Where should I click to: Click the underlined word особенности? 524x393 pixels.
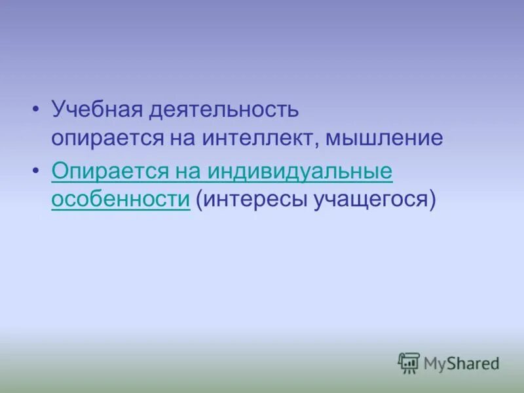click(x=121, y=199)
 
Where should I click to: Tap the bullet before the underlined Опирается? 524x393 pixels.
click(x=36, y=171)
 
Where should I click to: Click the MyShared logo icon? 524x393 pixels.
click(x=409, y=363)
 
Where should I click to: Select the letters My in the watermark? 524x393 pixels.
click(x=435, y=362)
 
